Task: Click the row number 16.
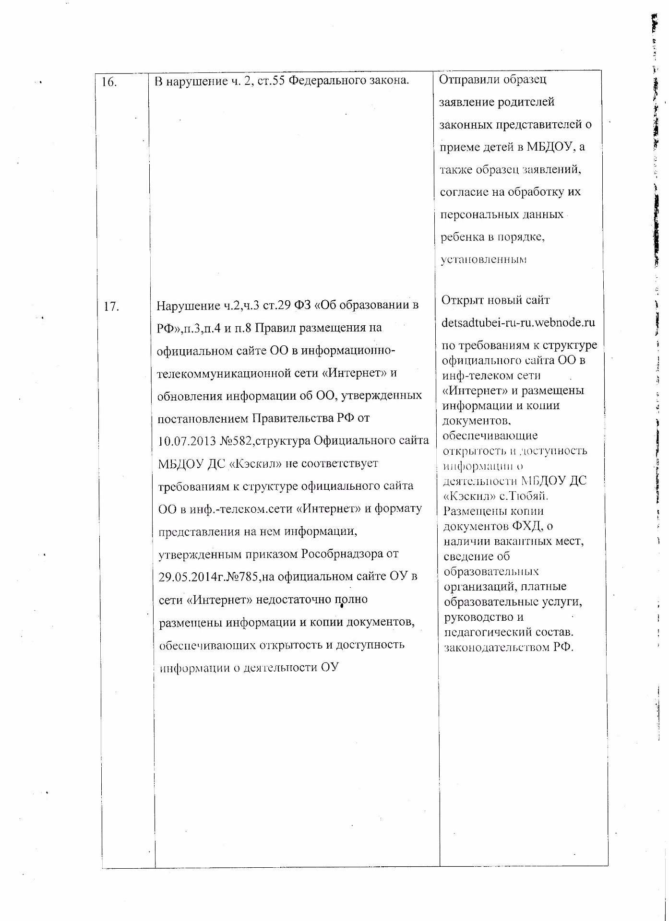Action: pos(109,82)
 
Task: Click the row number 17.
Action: pos(111,306)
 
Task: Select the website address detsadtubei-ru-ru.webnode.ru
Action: pos(518,322)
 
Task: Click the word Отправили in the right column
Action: pos(465,80)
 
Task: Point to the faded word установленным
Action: pos(484,260)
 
